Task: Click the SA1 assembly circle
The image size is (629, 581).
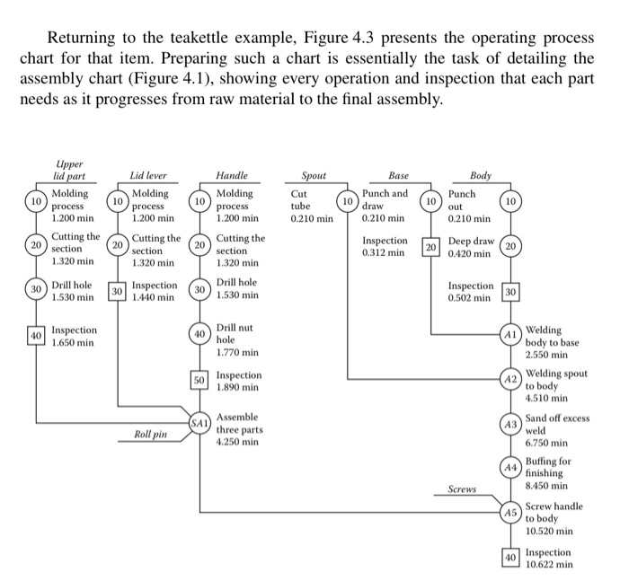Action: (x=199, y=422)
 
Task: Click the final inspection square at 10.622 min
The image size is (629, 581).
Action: (x=510, y=558)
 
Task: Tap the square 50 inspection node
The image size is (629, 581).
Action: (x=199, y=380)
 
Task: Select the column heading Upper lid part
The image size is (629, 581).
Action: (x=69, y=171)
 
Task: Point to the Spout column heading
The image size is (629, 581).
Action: (x=314, y=177)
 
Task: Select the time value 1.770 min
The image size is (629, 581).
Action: (x=237, y=353)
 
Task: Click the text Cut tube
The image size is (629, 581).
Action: (x=302, y=199)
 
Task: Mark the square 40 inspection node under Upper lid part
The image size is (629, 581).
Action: (x=37, y=336)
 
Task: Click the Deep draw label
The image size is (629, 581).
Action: (x=471, y=242)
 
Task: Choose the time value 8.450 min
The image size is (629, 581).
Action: (x=546, y=486)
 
